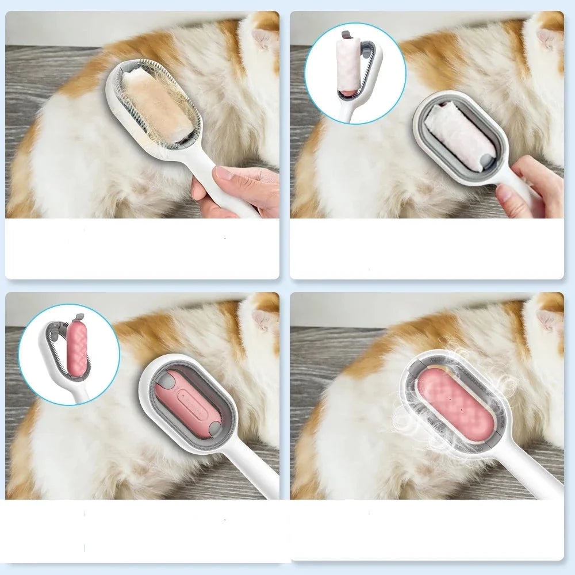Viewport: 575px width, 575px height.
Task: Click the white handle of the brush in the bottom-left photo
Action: click(253, 474)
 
